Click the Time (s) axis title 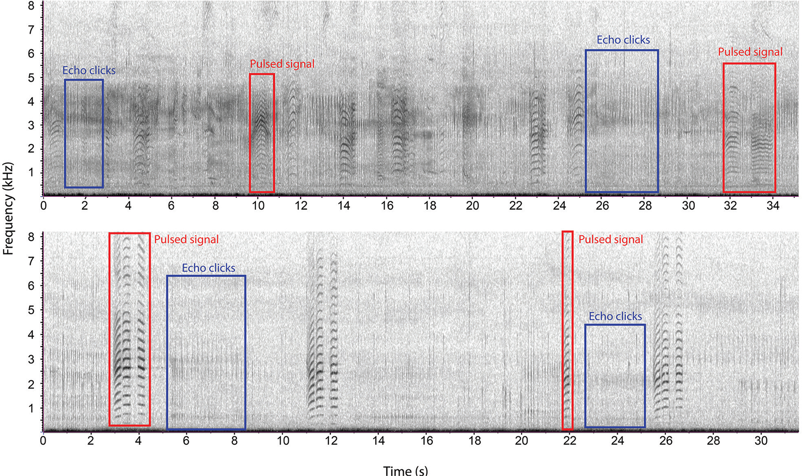pyautogui.click(x=405, y=470)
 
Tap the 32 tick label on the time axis pyautogui.click(x=730, y=205)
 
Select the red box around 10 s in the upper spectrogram pyautogui.click(x=262, y=133)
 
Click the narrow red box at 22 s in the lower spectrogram pyautogui.click(x=567, y=330)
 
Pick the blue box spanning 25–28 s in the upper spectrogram pyautogui.click(x=622, y=121)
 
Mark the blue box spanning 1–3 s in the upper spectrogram pyautogui.click(x=84, y=133)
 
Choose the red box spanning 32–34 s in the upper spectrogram pyautogui.click(x=749, y=128)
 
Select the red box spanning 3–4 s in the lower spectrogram pyautogui.click(x=130, y=329)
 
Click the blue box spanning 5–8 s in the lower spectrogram pyautogui.click(x=206, y=352)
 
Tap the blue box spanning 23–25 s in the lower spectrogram pyautogui.click(x=615, y=376)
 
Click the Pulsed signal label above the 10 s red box pyautogui.click(x=282, y=64)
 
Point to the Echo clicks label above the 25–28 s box pyautogui.click(x=623, y=40)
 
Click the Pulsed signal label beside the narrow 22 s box pyautogui.click(x=610, y=239)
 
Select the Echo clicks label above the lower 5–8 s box pyautogui.click(x=209, y=268)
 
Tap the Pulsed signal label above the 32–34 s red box pyautogui.click(x=750, y=52)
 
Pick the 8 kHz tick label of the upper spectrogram pyautogui.click(x=31, y=6)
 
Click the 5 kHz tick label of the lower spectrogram pyautogui.click(x=31, y=310)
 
